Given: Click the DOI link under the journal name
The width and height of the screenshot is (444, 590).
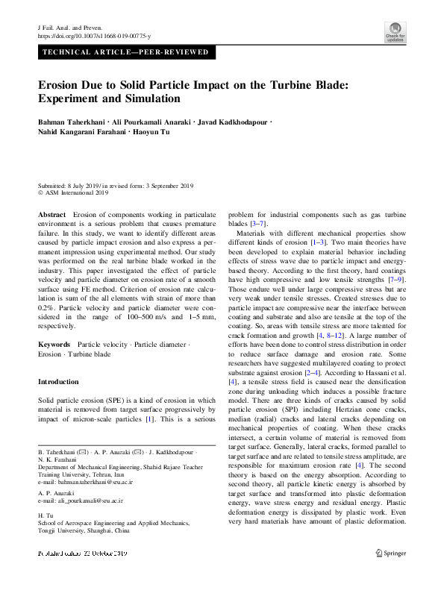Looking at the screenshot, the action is pos(94,36).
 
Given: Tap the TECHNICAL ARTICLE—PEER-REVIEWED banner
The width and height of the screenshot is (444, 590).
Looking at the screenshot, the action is pos(128,53).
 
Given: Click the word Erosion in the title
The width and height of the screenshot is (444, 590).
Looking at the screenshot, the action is pos(66,85).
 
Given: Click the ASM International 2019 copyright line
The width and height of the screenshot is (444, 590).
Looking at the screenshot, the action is pos(75,192).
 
